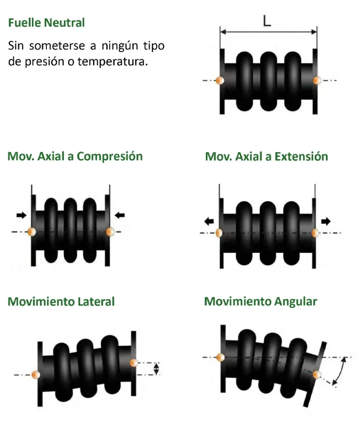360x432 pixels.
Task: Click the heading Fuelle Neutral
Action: [46, 22]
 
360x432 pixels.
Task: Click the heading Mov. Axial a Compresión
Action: [75, 157]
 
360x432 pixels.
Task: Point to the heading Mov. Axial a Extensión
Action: [266, 157]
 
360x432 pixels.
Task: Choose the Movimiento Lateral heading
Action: [61, 302]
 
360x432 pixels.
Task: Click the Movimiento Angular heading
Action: [260, 302]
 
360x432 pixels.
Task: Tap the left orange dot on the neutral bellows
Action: [219, 80]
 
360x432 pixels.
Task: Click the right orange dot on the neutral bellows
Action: [317, 80]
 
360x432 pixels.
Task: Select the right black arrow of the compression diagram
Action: [120, 215]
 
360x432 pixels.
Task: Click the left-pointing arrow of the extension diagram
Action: [208, 221]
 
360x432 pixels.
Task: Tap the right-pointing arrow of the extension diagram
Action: [326, 221]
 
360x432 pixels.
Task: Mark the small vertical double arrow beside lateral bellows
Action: [157, 368]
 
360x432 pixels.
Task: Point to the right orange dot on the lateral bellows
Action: [135, 362]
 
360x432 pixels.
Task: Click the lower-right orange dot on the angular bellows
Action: [317, 374]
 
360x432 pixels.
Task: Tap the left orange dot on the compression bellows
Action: [32, 232]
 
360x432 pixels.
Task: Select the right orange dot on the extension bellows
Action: [315, 232]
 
